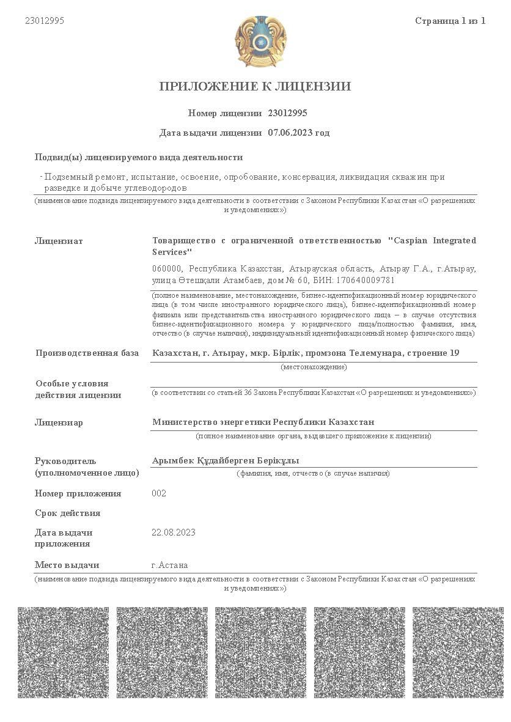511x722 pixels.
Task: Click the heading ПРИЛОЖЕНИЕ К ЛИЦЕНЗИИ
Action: (x=255, y=86)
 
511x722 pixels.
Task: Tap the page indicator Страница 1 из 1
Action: (x=450, y=21)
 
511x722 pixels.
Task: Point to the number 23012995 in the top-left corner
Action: (x=45, y=21)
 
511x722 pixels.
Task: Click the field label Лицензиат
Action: (x=59, y=241)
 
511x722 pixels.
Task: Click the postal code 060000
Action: (x=167, y=269)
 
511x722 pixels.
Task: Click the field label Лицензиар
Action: (x=59, y=422)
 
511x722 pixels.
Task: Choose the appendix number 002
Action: (x=159, y=493)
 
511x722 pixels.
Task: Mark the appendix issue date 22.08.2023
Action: (x=174, y=532)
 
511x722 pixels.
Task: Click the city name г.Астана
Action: (x=169, y=565)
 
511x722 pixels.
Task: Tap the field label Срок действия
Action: (x=67, y=513)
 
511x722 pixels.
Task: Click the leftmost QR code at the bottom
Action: (x=63, y=652)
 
